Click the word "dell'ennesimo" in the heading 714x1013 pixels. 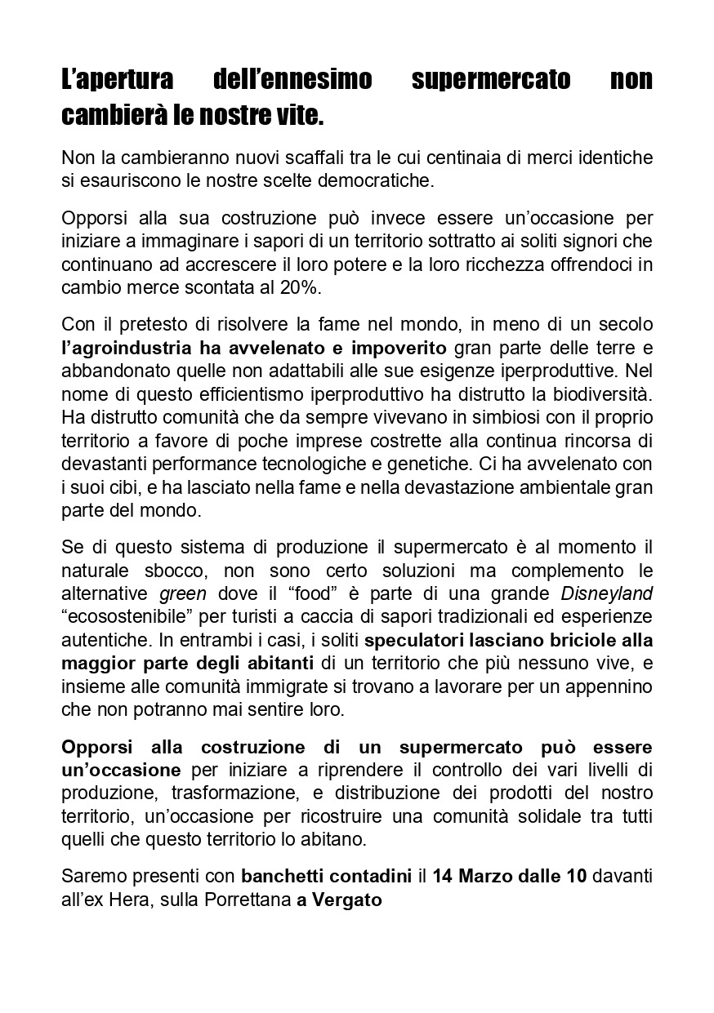tap(292, 80)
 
